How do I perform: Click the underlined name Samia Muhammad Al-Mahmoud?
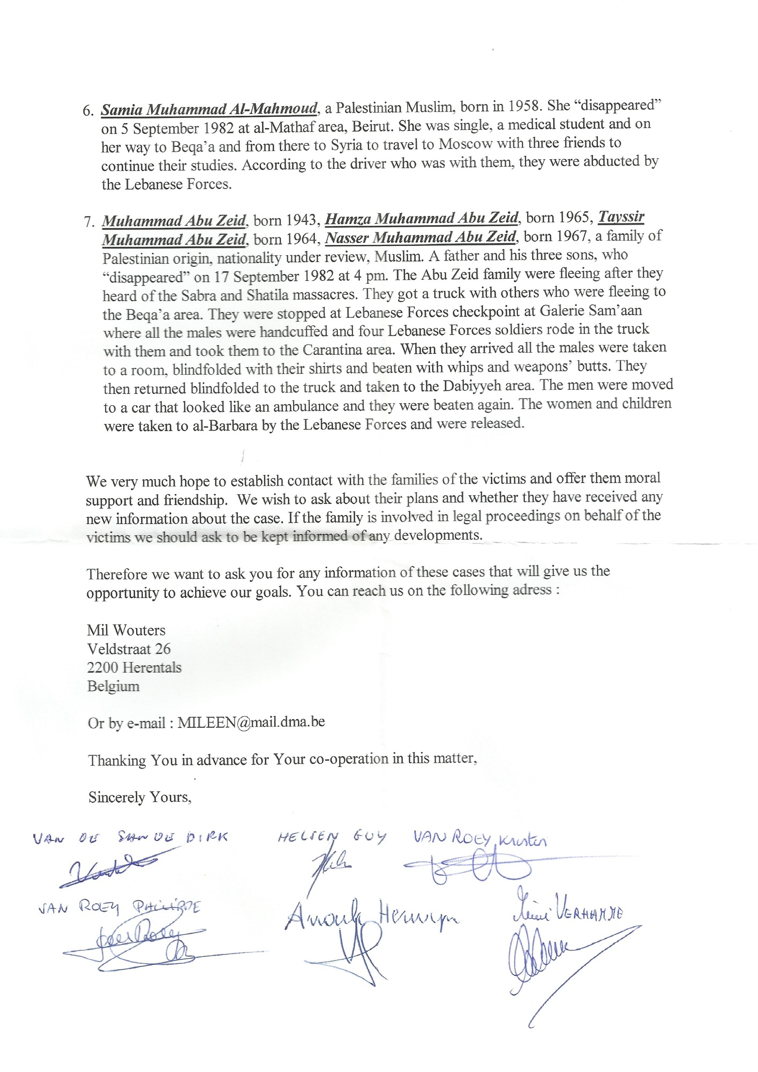click(x=209, y=109)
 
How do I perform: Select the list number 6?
click(x=88, y=111)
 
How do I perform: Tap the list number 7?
click(x=89, y=222)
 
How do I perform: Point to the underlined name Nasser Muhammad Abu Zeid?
click(x=421, y=237)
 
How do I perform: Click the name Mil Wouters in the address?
click(x=126, y=630)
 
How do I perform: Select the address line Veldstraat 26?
click(x=129, y=649)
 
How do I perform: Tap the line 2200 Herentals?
click(x=134, y=668)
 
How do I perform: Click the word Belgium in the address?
click(x=114, y=687)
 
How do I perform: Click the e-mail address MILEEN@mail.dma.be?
click(x=251, y=722)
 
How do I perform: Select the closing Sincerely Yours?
click(x=140, y=798)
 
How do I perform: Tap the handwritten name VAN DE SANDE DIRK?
click(x=130, y=838)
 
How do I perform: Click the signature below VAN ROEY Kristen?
click(x=466, y=869)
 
